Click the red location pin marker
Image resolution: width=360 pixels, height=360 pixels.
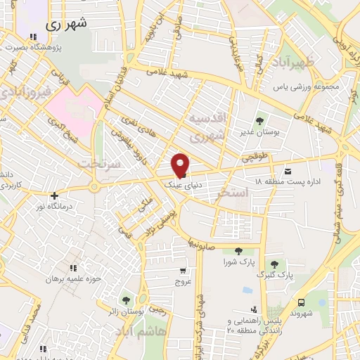coord(181,165)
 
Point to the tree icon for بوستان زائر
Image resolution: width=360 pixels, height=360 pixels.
coord(126,300)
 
